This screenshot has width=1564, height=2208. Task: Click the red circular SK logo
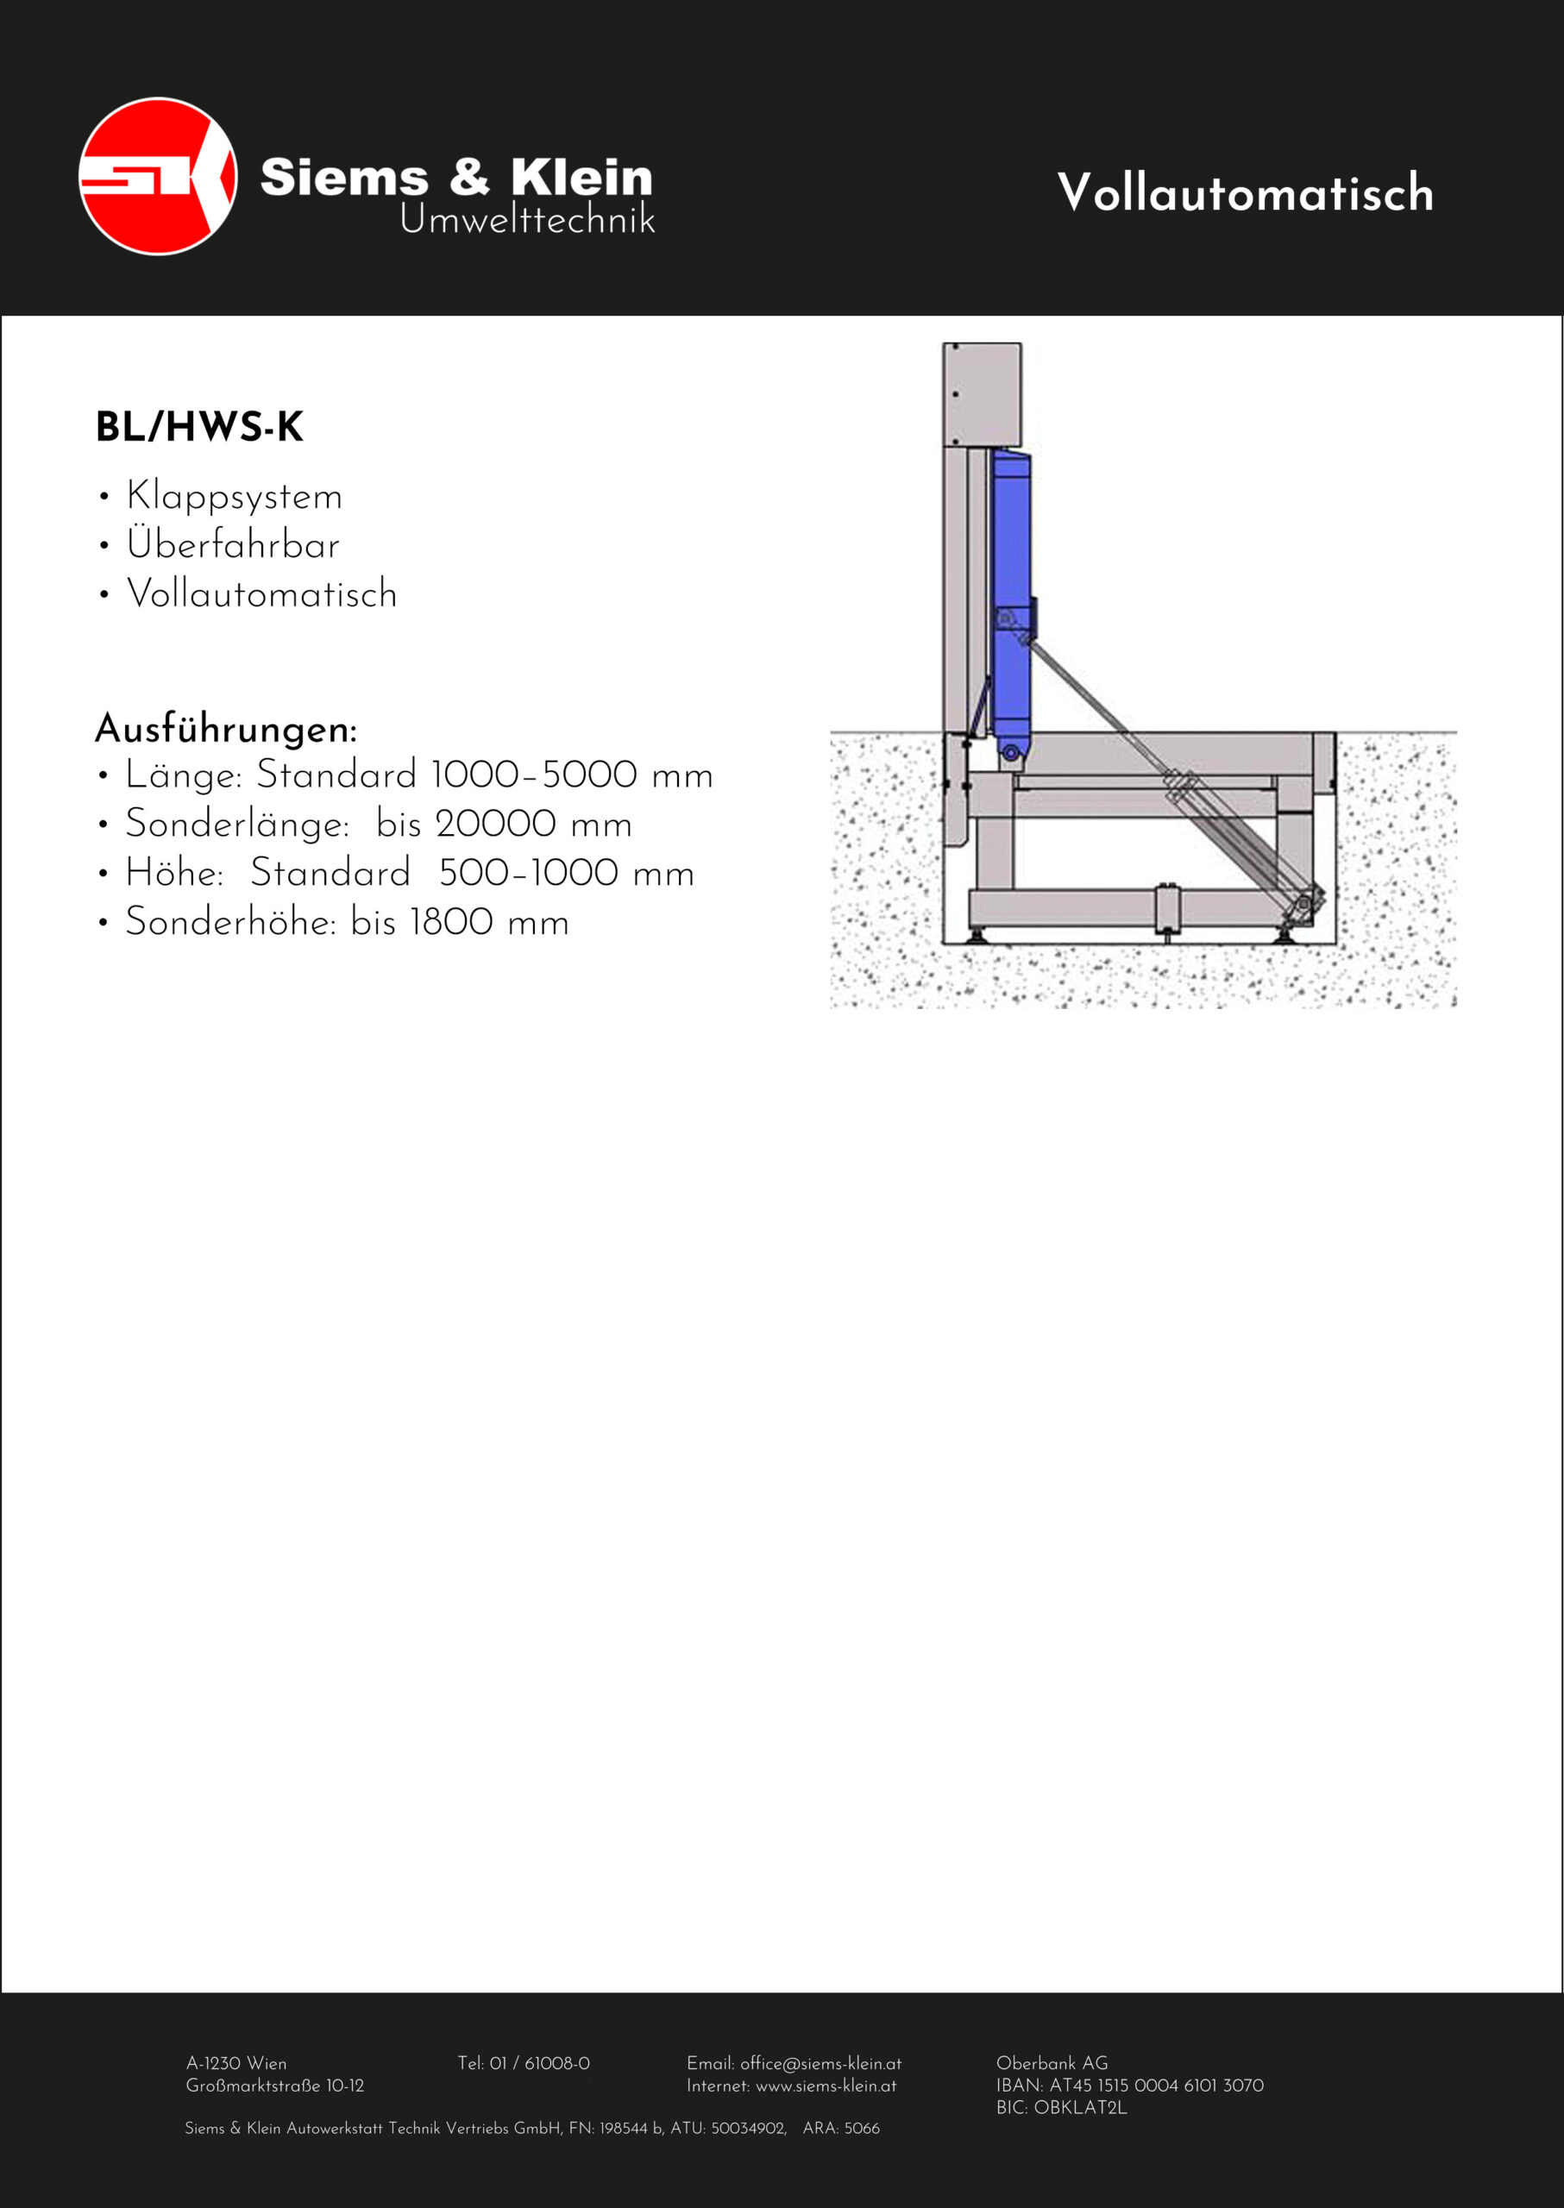click(x=158, y=176)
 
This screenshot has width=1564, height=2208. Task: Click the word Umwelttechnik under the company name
click(x=527, y=221)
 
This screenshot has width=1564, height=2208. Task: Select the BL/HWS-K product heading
click(x=199, y=427)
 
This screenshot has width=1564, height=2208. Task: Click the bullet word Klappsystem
click(x=234, y=497)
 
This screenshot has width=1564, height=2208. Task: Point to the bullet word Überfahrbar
click(x=233, y=545)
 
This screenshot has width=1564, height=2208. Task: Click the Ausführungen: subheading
click(x=226, y=728)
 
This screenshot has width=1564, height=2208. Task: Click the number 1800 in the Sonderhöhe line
click(x=452, y=923)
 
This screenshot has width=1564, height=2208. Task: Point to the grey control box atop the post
click(x=983, y=393)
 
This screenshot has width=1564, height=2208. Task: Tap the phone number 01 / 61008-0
click(x=539, y=2064)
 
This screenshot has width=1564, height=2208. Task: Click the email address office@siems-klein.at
click(x=820, y=2064)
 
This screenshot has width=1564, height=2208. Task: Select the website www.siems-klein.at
click(x=826, y=2086)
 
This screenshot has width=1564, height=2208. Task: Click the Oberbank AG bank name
click(x=1052, y=2064)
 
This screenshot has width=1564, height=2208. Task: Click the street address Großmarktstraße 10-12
click(x=274, y=2086)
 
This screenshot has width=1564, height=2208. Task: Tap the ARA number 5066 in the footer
click(x=862, y=2128)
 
